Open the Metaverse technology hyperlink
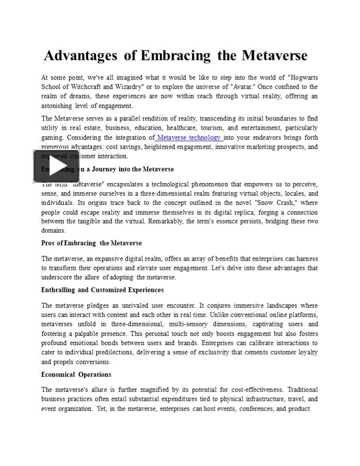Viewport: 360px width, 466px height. click(189, 137)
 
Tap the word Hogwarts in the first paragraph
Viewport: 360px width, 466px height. click(302, 78)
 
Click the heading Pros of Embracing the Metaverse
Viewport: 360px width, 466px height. click(91, 243)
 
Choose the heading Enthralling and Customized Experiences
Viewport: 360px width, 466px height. click(102, 290)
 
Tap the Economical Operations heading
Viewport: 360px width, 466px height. click(76, 374)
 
